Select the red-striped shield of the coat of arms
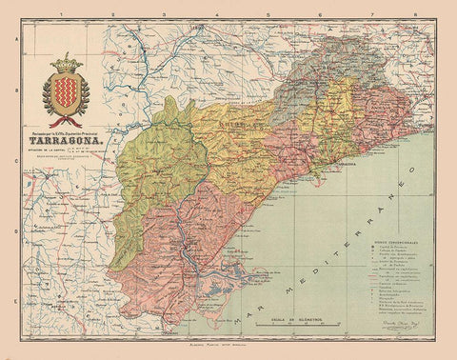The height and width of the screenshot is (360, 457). tap(66, 91)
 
